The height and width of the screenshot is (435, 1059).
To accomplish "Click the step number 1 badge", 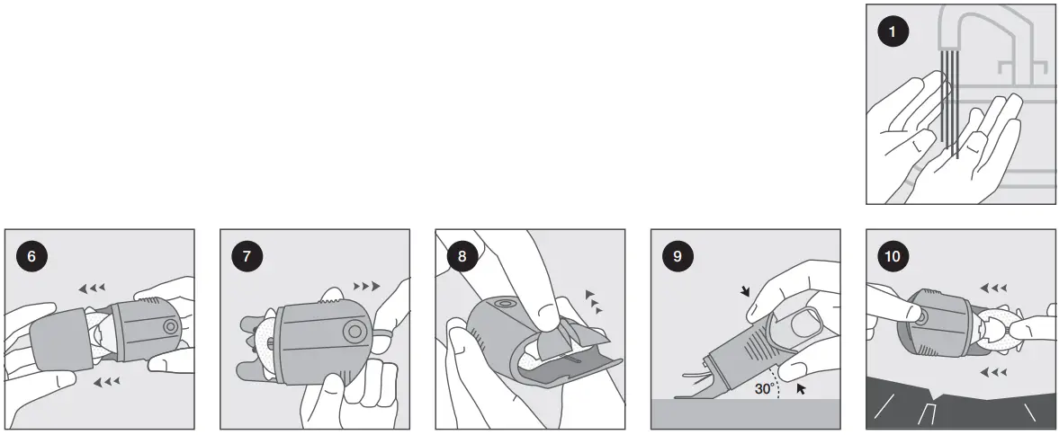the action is pyautogui.click(x=893, y=31).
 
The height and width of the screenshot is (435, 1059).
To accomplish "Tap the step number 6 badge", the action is pyautogui.click(x=31, y=256).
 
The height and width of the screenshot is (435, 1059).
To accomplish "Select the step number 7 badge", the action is pyautogui.click(x=247, y=256).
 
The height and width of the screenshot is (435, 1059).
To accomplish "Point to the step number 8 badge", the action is pyautogui.click(x=462, y=256).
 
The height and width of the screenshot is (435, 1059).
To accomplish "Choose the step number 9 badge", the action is pyautogui.click(x=678, y=256).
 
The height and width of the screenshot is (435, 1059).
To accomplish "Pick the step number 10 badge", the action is pyautogui.click(x=893, y=256).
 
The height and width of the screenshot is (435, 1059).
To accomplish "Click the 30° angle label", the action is pyautogui.click(x=765, y=389).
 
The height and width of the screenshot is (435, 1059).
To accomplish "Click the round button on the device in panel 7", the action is pyautogui.click(x=354, y=332).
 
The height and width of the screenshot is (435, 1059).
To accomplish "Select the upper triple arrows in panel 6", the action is pyautogui.click(x=92, y=288).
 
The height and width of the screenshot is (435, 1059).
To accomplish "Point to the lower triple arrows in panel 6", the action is pyautogui.click(x=106, y=382).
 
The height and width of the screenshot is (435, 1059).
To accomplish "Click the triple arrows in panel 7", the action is pyautogui.click(x=367, y=286).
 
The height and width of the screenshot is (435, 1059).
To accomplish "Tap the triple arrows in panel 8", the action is pyautogui.click(x=594, y=301).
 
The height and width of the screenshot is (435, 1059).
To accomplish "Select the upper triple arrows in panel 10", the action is pyautogui.click(x=993, y=288).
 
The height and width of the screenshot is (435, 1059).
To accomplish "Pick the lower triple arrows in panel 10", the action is pyautogui.click(x=993, y=371).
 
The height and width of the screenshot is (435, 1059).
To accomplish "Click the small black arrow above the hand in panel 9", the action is pyautogui.click(x=745, y=290).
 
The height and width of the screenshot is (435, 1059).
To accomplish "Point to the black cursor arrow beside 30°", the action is pyautogui.click(x=801, y=387).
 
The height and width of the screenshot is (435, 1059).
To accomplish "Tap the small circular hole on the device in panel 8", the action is pyautogui.click(x=503, y=305).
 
